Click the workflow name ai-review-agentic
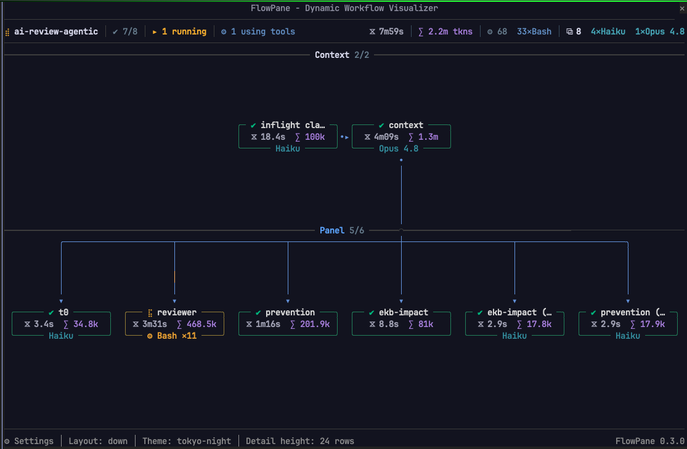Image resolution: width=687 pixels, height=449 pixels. (55, 31)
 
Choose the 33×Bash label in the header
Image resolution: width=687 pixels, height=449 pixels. (534, 31)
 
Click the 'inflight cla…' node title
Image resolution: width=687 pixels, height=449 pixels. (293, 125)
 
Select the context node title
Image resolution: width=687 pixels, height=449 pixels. (405, 125)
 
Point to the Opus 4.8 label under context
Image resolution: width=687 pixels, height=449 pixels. (399, 148)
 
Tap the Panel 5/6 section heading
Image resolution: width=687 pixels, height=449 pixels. (342, 230)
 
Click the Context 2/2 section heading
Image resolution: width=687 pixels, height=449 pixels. (342, 55)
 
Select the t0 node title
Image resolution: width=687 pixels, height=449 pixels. (63, 312)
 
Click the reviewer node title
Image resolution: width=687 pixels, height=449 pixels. (177, 312)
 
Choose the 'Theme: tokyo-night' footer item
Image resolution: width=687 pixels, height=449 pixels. (187, 441)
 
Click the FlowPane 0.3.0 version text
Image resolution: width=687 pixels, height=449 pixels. (650, 441)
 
